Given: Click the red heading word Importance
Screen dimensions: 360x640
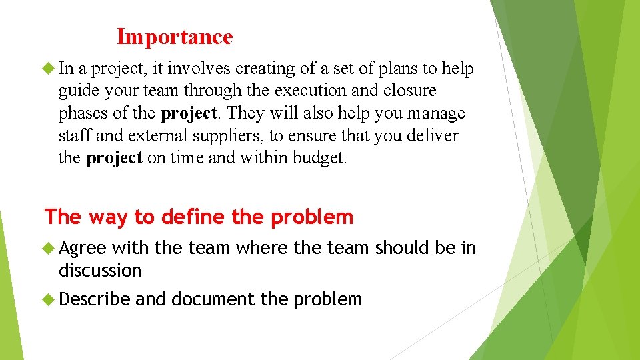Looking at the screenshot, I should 175,37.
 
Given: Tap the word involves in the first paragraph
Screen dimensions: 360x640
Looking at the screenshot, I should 206,69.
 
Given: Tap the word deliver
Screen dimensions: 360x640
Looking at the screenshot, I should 433,136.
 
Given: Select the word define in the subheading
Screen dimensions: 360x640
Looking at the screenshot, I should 193,217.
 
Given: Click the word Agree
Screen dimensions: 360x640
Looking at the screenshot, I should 82,249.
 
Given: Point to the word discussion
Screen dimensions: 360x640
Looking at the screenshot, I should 100,271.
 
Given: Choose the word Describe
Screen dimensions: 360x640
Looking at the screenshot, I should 94,299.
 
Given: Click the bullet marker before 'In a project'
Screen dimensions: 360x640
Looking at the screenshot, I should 49,68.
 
